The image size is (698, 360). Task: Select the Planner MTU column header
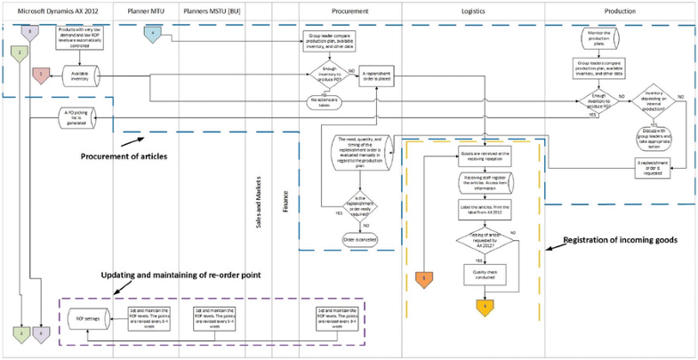[145, 11]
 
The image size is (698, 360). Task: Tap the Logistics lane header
[472, 11]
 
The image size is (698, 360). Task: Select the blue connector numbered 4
[153, 34]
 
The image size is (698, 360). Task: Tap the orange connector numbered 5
[424, 279]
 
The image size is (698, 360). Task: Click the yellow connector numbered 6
[485, 306]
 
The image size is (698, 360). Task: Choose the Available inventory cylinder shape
[79, 76]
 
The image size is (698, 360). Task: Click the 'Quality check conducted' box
[485, 275]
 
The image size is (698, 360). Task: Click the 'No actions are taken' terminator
[324, 100]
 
